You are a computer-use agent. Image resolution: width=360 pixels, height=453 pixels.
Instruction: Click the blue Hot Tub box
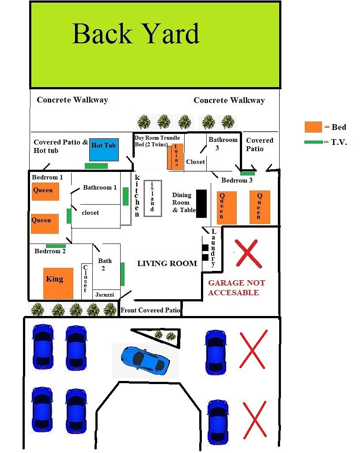click(x=104, y=150)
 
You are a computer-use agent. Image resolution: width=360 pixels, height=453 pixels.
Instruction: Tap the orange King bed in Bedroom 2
click(x=58, y=283)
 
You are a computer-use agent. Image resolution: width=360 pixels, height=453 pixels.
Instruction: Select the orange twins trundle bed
click(x=175, y=156)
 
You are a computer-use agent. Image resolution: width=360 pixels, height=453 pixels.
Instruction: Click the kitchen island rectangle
click(x=153, y=198)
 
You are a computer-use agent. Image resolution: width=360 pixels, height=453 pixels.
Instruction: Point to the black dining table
click(x=201, y=203)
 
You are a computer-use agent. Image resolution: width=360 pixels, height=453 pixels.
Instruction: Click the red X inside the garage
click(x=248, y=254)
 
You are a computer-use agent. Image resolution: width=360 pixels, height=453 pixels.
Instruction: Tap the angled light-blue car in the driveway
click(x=145, y=361)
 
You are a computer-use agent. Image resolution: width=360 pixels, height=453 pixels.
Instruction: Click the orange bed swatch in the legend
click(x=313, y=127)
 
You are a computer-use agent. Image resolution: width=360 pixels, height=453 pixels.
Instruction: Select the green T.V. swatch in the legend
click(x=314, y=142)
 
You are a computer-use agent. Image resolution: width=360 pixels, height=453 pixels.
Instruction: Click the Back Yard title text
click(x=136, y=34)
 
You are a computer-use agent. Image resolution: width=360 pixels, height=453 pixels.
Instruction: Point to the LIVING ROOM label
click(x=167, y=263)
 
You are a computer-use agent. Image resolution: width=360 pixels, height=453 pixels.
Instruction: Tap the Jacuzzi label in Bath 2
click(x=105, y=295)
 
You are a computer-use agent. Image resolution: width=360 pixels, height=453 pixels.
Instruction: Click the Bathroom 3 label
click(x=223, y=144)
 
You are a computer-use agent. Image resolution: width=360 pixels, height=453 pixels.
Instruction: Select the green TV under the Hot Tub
click(x=96, y=166)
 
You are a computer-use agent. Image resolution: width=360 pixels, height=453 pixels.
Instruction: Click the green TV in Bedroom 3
click(x=248, y=174)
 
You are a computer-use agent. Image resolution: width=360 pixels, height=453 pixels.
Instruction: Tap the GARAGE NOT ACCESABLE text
click(x=236, y=287)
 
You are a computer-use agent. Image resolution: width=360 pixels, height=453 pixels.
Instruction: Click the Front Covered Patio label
click(x=150, y=310)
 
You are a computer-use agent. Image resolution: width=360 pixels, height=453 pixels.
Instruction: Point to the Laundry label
click(x=213, y=247)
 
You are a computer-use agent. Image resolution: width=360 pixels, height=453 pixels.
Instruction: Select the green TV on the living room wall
click(x=122, y=274)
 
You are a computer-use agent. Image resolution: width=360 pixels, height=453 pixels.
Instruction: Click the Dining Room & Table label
click(x=184, y=202)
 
